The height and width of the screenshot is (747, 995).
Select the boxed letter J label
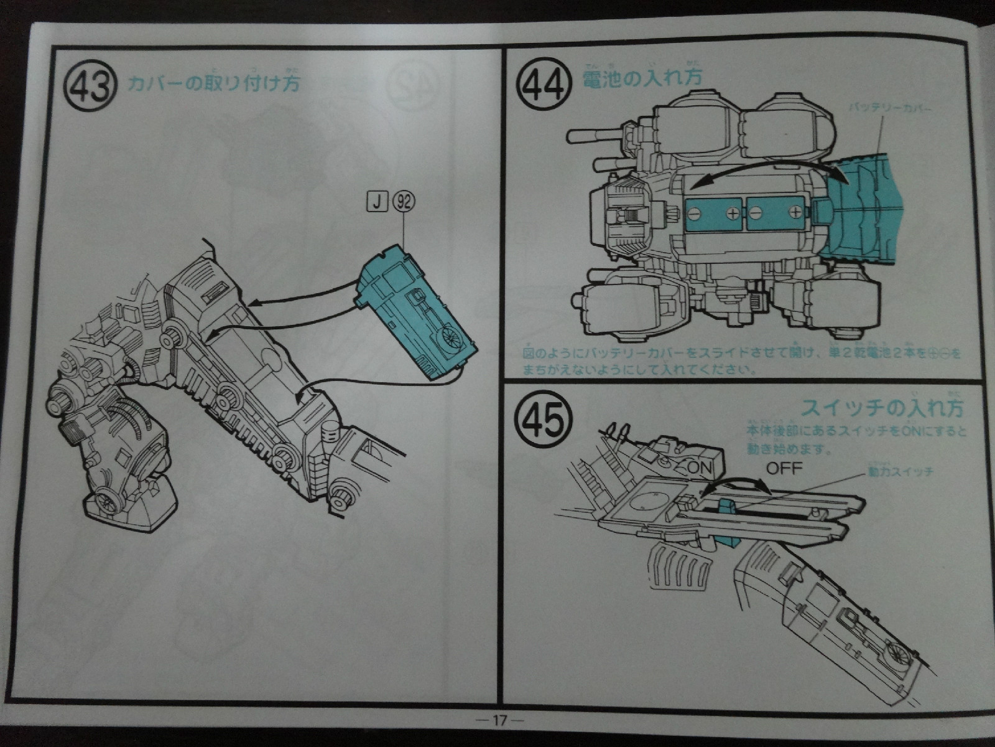(x=377, y=202)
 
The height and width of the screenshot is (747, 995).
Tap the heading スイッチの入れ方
(x=882, y=408)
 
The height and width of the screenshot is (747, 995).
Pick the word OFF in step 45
(x=784, y=468)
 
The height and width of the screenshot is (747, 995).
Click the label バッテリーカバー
(x=890, y=108)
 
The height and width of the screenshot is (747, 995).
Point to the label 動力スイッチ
(x=900, y=471)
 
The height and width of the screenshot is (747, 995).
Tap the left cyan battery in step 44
(x=714, y=214)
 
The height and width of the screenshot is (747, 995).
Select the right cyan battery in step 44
(x=775, y=214)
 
